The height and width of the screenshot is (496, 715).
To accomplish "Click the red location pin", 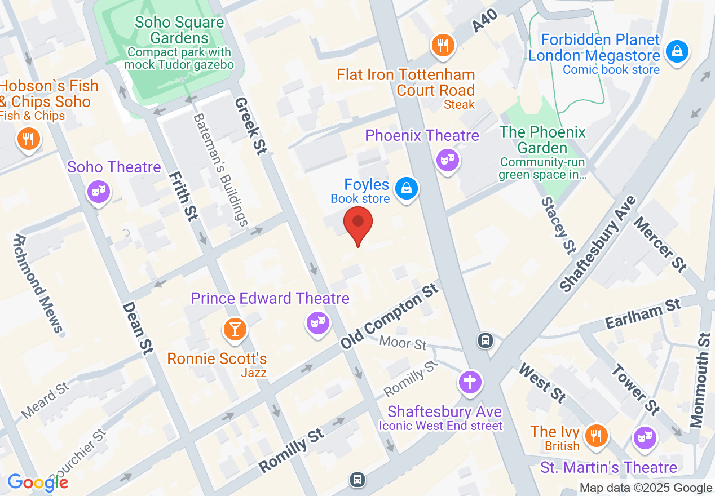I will (x=358, y=224).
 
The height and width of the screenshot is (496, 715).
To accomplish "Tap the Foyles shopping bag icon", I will (x=405, y=188).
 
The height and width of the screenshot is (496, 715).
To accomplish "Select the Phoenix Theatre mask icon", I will (x=448, y=160).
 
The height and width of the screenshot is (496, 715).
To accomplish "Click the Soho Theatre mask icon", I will (x=99, y=192).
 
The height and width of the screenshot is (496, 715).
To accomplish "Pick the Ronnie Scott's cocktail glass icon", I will (x=235, y=329).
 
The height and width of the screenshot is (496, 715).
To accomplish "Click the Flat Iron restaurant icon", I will (x=443, y=46).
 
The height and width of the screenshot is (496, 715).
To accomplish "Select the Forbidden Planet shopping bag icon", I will (x=676, y=52).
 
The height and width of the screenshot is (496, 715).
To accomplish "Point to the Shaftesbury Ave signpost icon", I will (x=470, y=382).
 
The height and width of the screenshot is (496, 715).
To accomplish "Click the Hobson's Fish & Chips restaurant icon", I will (x=27, y=139).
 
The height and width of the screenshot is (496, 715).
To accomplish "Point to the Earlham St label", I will (x=643, y=314).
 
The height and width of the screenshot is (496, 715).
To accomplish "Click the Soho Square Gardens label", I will (x=179, y=31).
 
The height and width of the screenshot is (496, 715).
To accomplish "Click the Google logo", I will (x=38, y=482).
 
